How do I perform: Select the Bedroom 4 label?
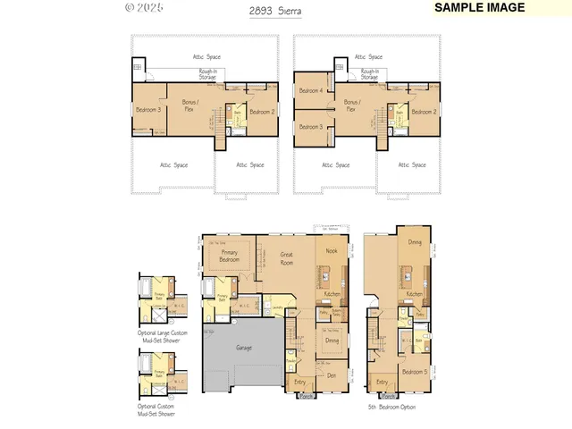(311, 91)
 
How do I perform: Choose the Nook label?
(332, 252)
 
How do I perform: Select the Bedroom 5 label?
(414, 372)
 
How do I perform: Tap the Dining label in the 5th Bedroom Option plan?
(415, 242)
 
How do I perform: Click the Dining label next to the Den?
(332, 340)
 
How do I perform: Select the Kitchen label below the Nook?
(332, 294)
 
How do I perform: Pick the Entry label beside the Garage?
(299, 382)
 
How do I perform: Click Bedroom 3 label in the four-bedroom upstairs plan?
(311, 127)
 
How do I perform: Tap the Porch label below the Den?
(306, 395)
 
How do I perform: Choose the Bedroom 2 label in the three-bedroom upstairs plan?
(261, 112)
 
